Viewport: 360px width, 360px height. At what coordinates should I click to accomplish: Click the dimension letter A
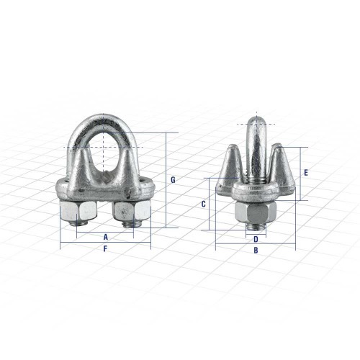[105, 235]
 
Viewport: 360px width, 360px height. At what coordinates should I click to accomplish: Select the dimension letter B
[256, 251]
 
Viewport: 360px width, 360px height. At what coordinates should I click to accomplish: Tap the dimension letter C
[204, 204]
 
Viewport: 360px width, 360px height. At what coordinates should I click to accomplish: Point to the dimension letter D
[256, 239]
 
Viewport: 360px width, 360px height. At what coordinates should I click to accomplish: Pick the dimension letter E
[307, 173]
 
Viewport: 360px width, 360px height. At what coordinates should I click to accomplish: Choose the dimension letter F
[105, 249]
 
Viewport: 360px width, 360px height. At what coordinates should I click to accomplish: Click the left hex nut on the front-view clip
[74, 213]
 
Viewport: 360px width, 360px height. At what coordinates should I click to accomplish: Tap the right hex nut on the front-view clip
[130, 212]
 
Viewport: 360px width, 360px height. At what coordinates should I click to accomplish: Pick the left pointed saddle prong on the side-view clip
[232, 162]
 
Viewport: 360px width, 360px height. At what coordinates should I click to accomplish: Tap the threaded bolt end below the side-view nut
[256, 230]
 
